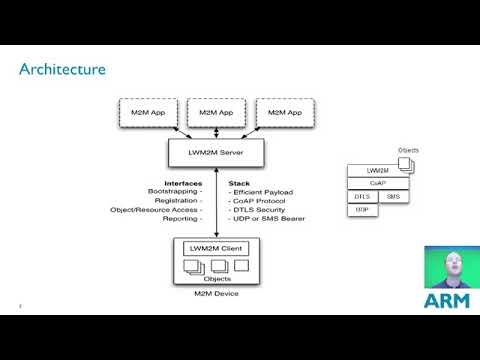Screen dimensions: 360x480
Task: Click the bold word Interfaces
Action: (x=183, y=184)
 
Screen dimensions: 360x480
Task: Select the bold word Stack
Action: (x=239, y=184)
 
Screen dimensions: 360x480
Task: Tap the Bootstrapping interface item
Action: (x=175, y=192)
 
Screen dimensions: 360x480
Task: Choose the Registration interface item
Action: (x=178, y=201)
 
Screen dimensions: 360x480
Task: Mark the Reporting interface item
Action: (x=181, y=218)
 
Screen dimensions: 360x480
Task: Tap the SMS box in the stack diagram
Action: (x=393, y=197)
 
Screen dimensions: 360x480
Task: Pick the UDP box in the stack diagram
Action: (x=361, y=210)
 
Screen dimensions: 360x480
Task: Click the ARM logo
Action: (x=447, y=300)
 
